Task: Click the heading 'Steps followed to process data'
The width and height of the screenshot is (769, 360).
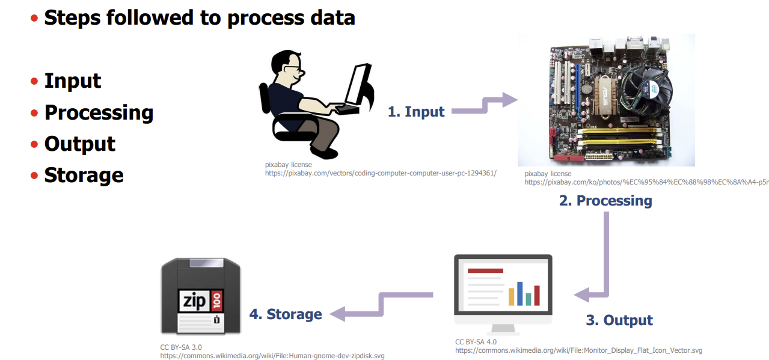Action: [200, 17]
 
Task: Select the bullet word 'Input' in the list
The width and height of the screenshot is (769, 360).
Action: [73, 81]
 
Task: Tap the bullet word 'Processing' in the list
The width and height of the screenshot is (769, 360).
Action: [99, 112]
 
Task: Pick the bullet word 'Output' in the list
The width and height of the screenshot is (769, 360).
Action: [79, 144]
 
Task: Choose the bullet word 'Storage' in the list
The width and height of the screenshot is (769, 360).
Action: [84, 175]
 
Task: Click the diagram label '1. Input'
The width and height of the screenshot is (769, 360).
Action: [416, 111]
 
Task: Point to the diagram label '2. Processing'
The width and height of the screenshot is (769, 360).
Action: [605, 200]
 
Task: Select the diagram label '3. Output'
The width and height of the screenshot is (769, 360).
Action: [619, 320]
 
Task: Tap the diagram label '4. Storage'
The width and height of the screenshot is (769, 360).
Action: [286, 314]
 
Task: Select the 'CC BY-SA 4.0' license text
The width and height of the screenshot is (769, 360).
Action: [476, 342]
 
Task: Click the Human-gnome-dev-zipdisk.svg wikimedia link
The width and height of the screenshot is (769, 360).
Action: [272, 356]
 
